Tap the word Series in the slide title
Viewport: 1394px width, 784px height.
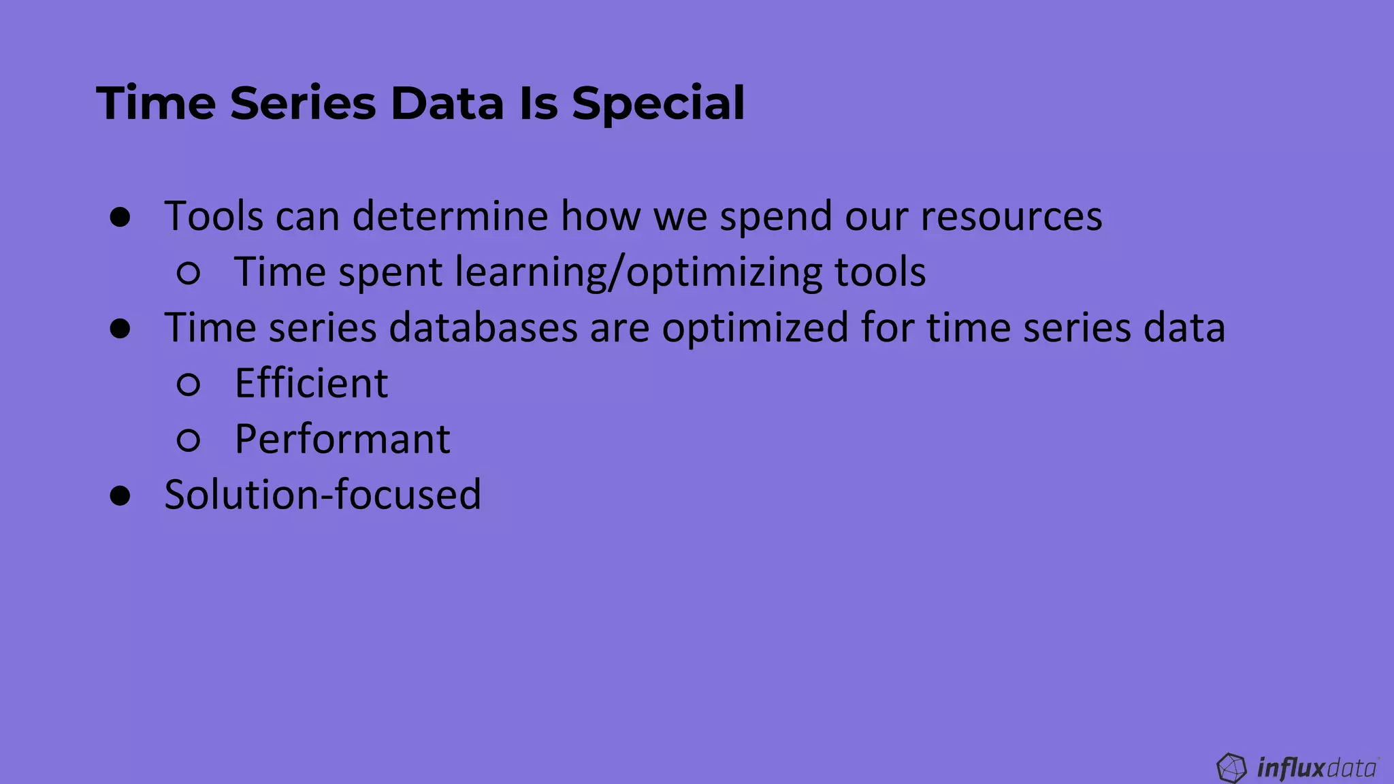point(303,104)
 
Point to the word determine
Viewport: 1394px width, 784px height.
point(450,216)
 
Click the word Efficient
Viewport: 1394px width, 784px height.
point(311,383)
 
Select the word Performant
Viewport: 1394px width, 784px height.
point(342,439)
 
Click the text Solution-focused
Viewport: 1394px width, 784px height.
point(323,494)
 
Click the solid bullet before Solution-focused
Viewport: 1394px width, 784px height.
point(120,495)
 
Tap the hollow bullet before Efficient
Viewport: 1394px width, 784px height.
point(189,385)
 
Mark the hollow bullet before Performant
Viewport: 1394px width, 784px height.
point(189,440)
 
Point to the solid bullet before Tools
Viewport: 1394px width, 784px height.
point(120,218)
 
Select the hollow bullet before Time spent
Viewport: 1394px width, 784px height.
point(189,274)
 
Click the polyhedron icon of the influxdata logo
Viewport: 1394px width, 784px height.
point(1231,768)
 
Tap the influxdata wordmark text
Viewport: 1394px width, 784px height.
point(1316,768)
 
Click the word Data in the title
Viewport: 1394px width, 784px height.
point(447,104)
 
